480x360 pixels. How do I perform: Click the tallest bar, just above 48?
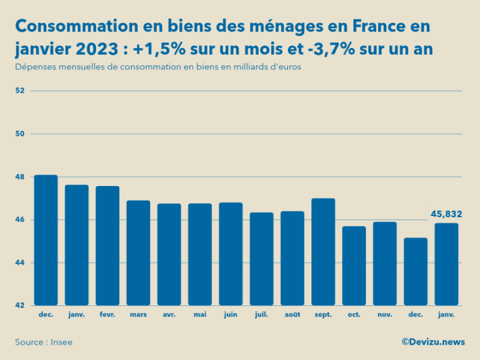point(46,240)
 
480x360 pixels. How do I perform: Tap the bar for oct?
point(353,266)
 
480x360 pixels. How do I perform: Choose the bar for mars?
point(138,253)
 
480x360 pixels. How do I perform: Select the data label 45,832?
point(446,214)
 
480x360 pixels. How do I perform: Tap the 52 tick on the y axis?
point(19,91)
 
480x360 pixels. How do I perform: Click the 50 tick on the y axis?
point(19,134)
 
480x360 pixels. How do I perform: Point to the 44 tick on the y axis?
point(19,263)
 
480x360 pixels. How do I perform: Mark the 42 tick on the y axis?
point(19,305)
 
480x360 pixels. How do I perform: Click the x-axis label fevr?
point(107,314)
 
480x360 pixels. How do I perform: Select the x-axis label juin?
point(231,314)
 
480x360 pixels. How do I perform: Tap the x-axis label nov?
point(384,314)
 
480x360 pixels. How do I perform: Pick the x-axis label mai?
point(200,314)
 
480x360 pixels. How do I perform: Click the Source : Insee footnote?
point(43,342)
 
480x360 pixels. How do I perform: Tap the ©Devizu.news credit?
point(433,341)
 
